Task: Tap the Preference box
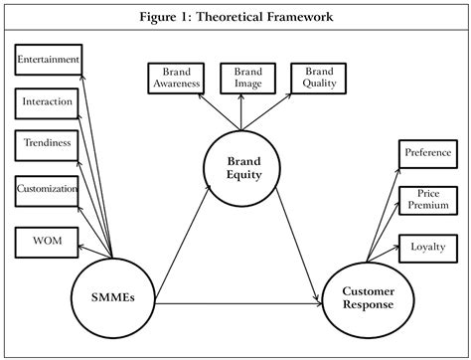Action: click(427, 153)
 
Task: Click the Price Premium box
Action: click(427, 199)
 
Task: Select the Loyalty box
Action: click(427, 246)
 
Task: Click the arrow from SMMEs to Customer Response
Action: click(238, 302)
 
